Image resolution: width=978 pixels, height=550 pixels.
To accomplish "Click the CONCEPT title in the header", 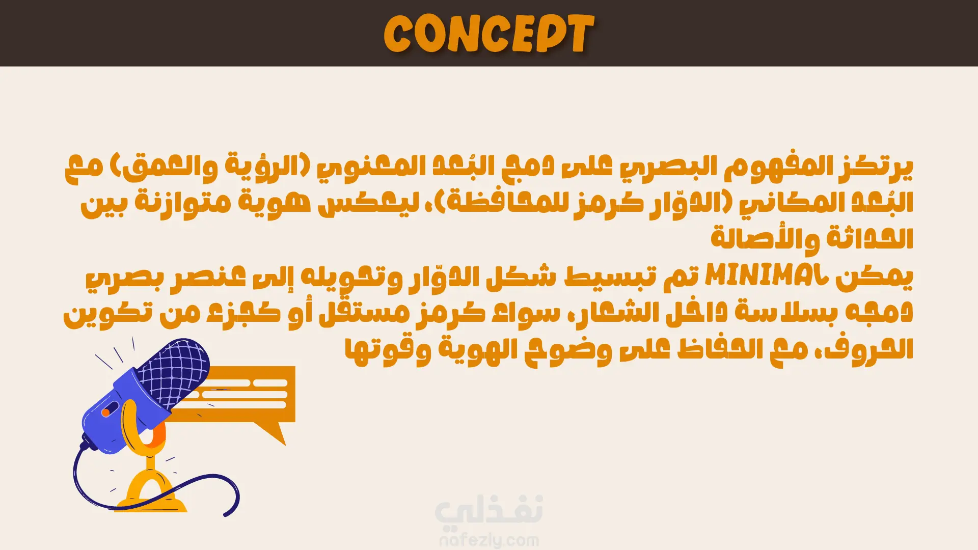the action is (489, 34).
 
